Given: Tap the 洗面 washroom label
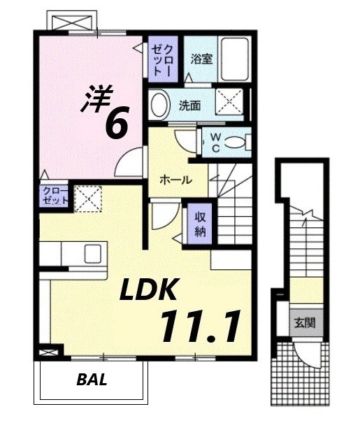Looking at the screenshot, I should pos(189,106).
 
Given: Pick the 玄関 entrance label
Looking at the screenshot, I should pos(304,323).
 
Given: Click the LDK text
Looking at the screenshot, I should pos(153,289).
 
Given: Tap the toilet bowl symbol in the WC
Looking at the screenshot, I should pos(236,142).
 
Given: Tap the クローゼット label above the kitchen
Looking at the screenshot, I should pos(56,196).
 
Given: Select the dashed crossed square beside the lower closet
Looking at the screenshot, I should pos(88,198).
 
